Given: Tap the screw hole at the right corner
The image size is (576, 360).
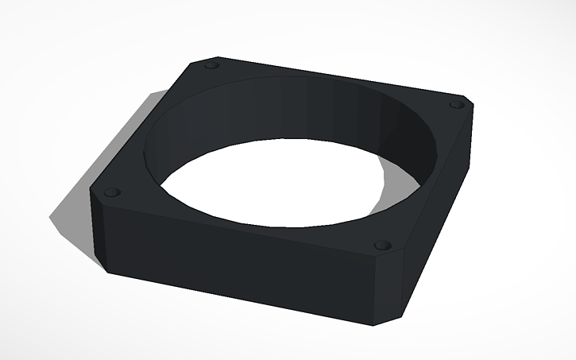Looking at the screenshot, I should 454,105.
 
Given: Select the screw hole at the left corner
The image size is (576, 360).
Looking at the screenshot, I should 111,192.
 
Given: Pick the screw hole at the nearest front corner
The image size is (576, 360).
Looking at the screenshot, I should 382,245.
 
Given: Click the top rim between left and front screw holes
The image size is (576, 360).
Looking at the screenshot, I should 238,226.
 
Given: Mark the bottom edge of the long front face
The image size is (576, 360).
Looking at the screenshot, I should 238,300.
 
